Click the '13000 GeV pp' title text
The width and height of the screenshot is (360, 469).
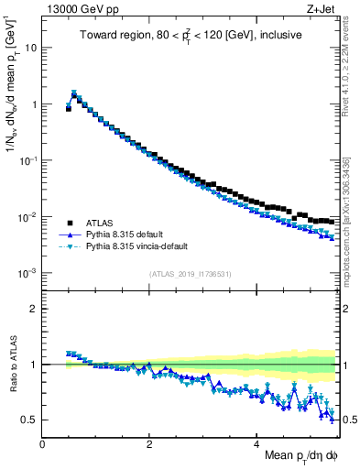coord(75,10)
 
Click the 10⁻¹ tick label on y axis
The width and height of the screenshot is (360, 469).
coord(29,160)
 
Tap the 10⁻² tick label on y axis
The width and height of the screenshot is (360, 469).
coord(29,217)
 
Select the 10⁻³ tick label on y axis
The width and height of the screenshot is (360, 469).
coord(29,274)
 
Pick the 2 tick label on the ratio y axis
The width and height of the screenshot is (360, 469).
coord(34,309)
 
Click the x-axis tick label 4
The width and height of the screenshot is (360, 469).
coord(256,443)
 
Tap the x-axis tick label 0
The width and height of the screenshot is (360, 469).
coord(42,443)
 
